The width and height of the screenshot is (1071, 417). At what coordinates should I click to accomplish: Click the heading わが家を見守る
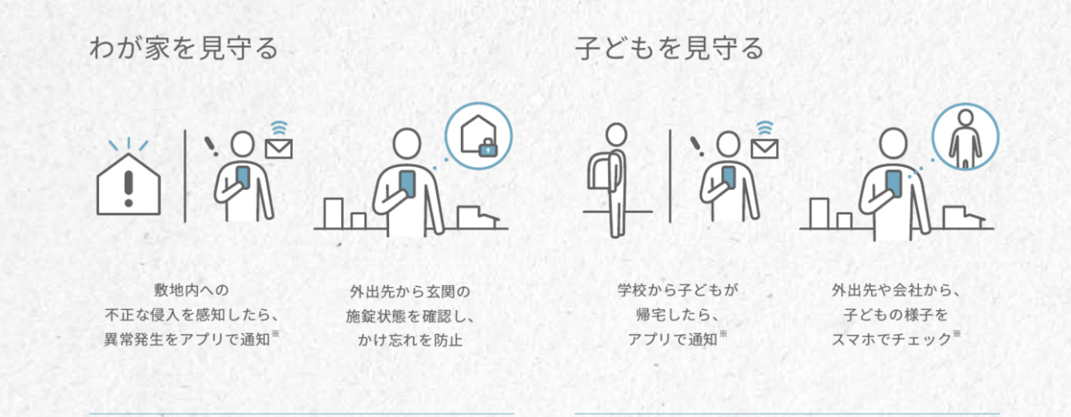click(184, 48)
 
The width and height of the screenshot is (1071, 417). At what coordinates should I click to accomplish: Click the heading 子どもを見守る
click(669, 48)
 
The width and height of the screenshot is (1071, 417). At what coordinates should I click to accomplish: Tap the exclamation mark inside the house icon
click(128, 189)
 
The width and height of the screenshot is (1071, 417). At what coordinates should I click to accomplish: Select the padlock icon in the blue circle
click(487, 148)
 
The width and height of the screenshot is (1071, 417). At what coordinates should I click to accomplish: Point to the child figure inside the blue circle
click(965, 139)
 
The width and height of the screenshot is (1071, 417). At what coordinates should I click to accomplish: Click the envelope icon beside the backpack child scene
click(764, 149)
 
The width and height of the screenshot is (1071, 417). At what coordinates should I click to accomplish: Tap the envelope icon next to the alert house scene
click(279, 149)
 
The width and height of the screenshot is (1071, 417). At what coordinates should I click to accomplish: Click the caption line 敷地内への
click(191, 290)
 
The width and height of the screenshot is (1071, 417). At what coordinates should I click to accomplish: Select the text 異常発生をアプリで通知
click(187, 339)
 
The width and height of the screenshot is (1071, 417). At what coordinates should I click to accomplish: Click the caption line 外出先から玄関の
click(410, 292)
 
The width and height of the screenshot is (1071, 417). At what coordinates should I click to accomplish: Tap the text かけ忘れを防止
click(410, 340)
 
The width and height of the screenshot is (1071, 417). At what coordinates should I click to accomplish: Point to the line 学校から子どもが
click(677, 290)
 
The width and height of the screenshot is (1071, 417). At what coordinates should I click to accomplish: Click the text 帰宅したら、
click(677, 315)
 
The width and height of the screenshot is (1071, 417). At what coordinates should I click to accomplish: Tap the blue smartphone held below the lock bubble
click(407, 184)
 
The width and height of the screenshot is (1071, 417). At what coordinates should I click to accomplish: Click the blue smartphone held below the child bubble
click(893, 184)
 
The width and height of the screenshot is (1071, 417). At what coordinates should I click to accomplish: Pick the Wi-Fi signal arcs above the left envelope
click(279, 128)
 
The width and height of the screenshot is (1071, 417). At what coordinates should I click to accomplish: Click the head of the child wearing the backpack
click(616, 134)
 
